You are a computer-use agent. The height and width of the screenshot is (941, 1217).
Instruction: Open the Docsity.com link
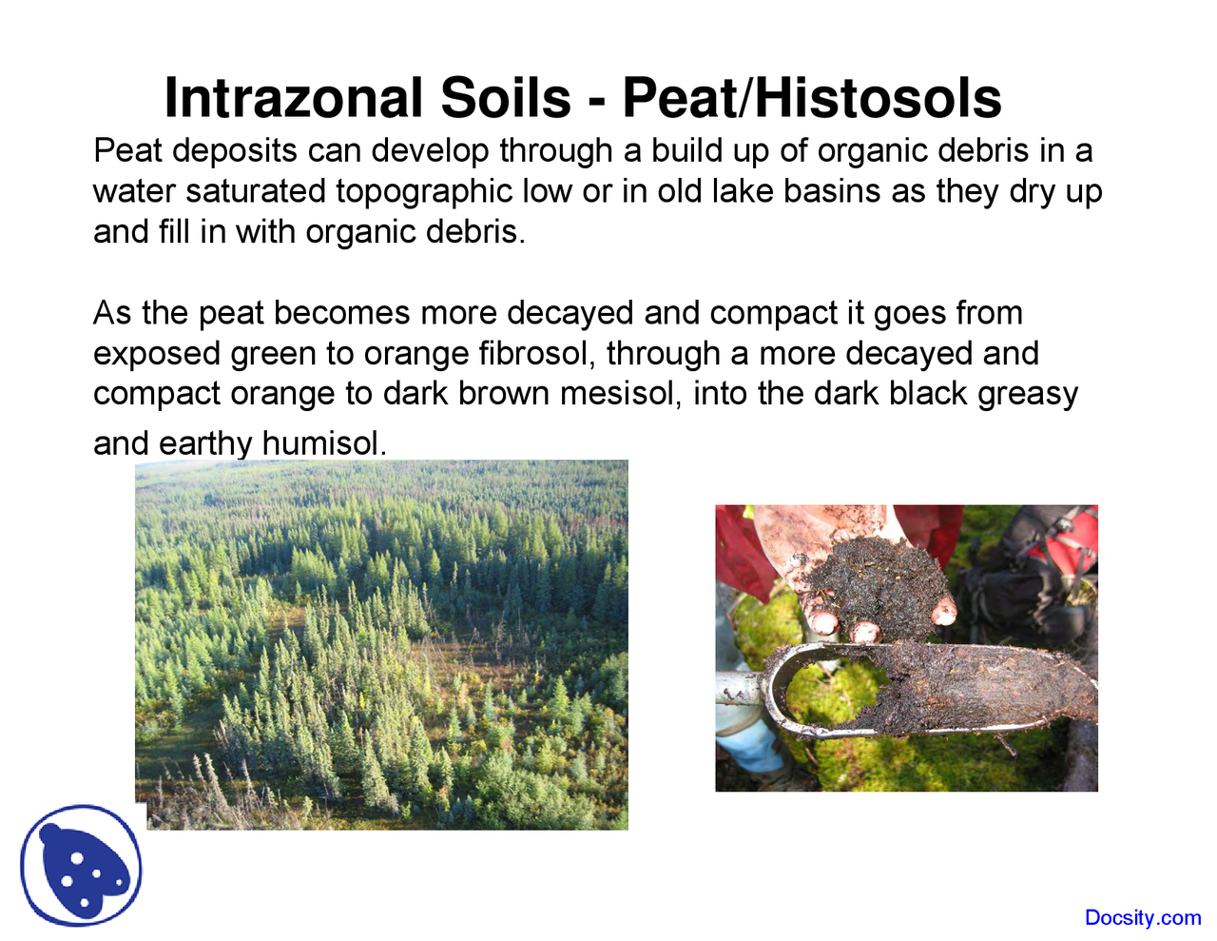tap(1143, 918)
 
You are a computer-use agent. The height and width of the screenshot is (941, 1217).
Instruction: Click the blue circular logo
tap(82, 866)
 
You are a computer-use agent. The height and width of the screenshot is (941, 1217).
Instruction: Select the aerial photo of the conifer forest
tap(381, 644)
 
